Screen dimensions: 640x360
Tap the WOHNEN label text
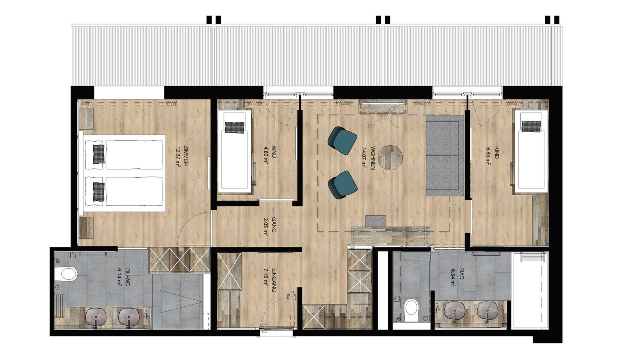tap(372, 158)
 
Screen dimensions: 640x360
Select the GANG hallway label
tap(274, 225)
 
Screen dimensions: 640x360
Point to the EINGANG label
tap(274, 280)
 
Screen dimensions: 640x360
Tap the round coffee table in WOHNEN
tap(390, 158)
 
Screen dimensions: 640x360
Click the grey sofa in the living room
tap(444, 155)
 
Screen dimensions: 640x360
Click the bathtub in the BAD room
tap(530, 290)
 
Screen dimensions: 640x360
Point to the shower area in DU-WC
tap(178, 302)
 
